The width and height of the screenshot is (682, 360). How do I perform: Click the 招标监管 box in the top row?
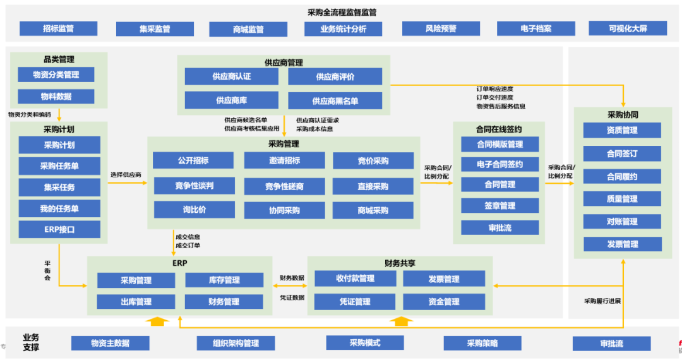click(x=58, y=28)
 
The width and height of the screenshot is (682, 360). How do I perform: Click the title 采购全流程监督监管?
click(x=342, y=12)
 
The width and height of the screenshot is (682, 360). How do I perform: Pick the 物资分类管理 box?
click(x=56, y=75)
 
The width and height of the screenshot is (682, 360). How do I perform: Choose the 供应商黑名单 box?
click(x=335, y=100)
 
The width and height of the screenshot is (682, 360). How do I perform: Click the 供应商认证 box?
click(x=231, y=76)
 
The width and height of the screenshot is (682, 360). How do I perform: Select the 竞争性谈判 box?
click(x=194, y=186)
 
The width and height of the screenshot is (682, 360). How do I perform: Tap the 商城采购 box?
click(x=373, y=210)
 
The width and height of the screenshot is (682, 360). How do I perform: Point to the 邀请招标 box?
click(x=284, y=161)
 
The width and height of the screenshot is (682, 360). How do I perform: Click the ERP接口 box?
click(x=59, y=229)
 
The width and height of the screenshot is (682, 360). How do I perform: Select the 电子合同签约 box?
click(x=500, y=164)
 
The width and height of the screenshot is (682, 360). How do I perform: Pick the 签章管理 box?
click(x=500, y=205)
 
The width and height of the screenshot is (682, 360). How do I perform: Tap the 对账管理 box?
click(x=622, y=222)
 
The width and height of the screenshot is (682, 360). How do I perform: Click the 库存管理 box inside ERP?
click(x=224, y=280)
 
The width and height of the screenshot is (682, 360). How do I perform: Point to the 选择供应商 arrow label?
click(x=126, y=174)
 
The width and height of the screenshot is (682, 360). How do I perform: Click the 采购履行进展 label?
click(x=602, y=301)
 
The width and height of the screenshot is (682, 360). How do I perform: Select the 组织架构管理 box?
click(x=236, y=343)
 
